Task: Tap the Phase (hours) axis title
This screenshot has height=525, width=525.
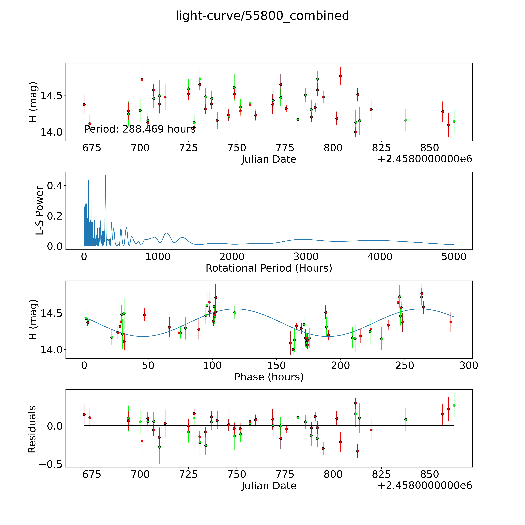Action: [269, 377]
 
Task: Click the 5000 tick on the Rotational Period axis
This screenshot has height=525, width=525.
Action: [454, 257]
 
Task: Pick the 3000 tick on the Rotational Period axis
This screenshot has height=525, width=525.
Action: [306, 257]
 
